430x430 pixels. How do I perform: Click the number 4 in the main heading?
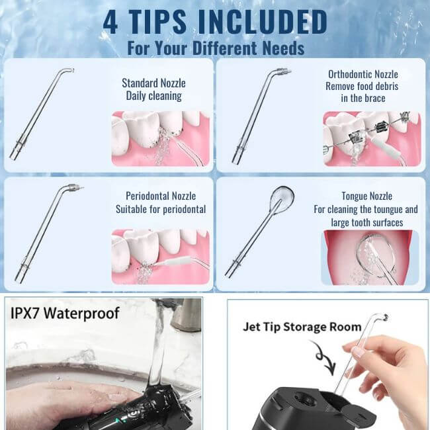[110, 22]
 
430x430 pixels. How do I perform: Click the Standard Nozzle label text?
[153, 83]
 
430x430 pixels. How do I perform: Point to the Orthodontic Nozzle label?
[363, 74]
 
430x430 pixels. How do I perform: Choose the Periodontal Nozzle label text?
[161, 196]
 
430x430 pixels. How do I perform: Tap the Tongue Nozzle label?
[366, 196]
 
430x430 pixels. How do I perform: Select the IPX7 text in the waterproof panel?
[26, 313]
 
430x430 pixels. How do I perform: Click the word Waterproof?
[82, 313]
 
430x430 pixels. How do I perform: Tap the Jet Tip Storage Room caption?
[302, 327]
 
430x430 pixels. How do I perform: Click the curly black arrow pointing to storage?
[323, 357]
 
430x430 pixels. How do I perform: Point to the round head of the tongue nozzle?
[282, 195]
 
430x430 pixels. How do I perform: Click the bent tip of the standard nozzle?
[70, 70]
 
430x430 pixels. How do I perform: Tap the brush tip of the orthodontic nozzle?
[284, 71]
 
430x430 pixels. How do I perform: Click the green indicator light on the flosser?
[118, 419]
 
